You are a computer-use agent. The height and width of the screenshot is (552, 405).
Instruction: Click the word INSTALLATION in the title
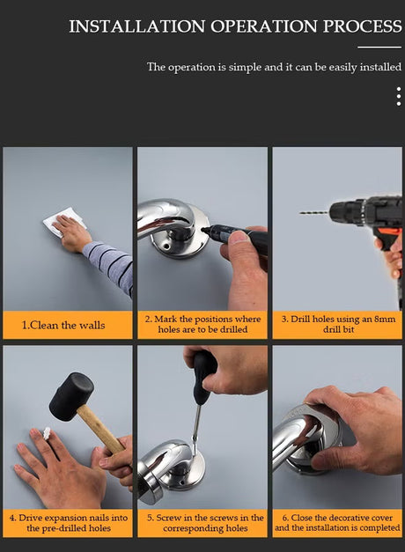[136, 26]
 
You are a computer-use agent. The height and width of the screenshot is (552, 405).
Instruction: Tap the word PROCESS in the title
[363, 26]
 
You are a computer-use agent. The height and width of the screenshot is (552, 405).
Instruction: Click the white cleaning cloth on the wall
[63, 222]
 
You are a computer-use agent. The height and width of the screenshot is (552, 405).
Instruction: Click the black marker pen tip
[204, 230]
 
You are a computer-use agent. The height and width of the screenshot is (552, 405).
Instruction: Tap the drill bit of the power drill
[314, 212]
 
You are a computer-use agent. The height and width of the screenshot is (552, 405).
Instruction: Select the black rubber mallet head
[71, 397]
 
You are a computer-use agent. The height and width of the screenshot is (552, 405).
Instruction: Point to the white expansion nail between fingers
[47, 433]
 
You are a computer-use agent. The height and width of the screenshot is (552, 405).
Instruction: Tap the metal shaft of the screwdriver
[195, 423]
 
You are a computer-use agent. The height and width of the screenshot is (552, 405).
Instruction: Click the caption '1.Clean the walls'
[63, 325]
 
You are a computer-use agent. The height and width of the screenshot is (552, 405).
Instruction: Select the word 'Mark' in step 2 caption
[166, 320]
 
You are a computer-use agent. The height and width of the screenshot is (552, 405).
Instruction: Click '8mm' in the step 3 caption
[385, 320]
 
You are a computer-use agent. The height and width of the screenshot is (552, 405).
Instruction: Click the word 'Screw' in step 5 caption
[167, 518]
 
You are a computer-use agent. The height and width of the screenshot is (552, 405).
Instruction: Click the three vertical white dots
[399, 97]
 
